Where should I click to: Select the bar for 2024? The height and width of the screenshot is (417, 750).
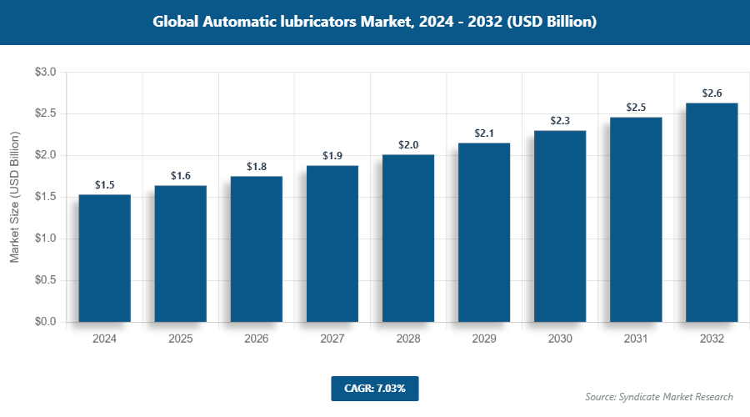(x=105, y=258)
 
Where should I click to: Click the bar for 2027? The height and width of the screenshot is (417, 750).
(x=332, y=244)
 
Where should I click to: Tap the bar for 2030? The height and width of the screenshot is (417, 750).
(x=560, y=226)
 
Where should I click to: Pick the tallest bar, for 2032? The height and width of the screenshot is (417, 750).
(x=712, y=212)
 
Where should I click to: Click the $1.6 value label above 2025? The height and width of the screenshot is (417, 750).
(x=181, y=175)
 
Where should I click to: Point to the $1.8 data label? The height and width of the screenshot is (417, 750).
(x=257, y=167)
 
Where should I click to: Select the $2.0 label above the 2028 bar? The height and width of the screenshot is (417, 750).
(x=408, y=145)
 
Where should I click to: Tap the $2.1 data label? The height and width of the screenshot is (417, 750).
(x=484, y=133)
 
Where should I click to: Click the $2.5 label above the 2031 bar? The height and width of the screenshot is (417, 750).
(x=636, y=108)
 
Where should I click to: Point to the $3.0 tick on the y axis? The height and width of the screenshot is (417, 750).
(x=45, y=73)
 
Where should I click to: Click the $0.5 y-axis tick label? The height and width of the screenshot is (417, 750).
(x=45, y=280)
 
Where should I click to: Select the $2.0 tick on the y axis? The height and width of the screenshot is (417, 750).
(x=45, y=155)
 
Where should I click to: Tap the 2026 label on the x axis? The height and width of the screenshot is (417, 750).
(x=257, y=339)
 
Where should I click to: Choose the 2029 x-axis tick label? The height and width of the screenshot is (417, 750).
(x=484, y=339)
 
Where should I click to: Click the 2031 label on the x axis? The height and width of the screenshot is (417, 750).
(x=636, y=339)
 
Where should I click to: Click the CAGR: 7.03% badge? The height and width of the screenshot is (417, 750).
(x=374, y=388)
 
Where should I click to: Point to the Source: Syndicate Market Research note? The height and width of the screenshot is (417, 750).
(x=659, y=396)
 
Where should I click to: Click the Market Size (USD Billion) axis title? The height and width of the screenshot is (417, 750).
(x=14, y=198)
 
